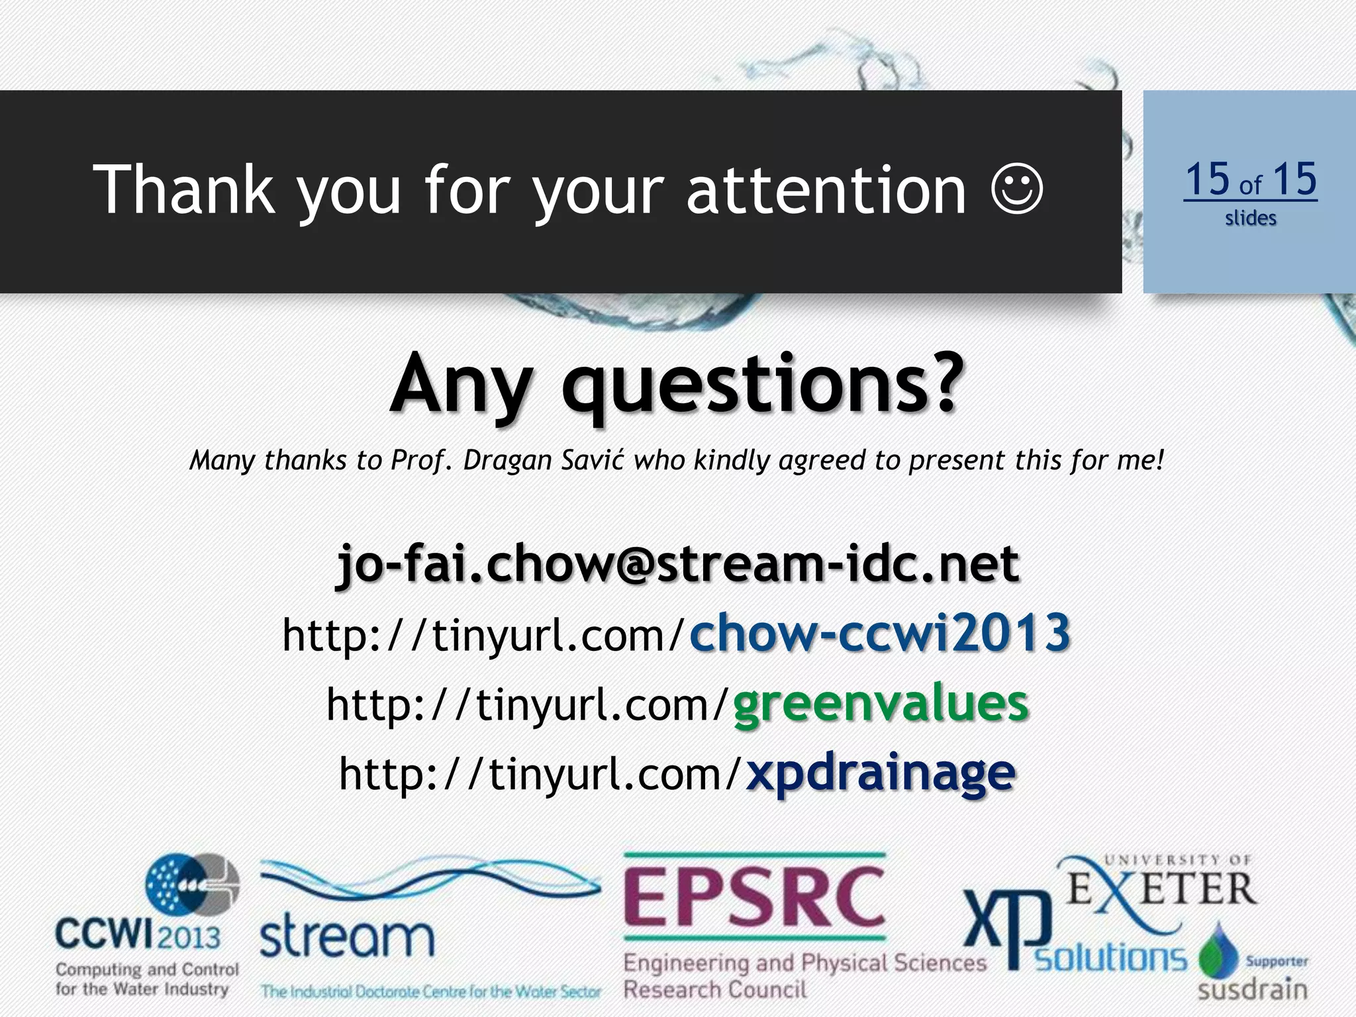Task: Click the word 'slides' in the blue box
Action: point(1250,218)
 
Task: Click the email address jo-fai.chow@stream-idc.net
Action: point(678,563)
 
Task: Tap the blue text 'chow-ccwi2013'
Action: point(880,633)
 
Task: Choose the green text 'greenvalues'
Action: point(881,703)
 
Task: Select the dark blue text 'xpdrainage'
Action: point(881,773)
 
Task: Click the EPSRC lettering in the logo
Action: point(754,898)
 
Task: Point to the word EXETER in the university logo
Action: point(1162,889)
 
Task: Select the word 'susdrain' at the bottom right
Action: point(1253,990)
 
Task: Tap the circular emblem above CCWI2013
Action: point(192,885)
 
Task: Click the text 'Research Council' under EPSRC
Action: point(715,990)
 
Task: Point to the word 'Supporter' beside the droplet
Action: point(1277,961)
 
